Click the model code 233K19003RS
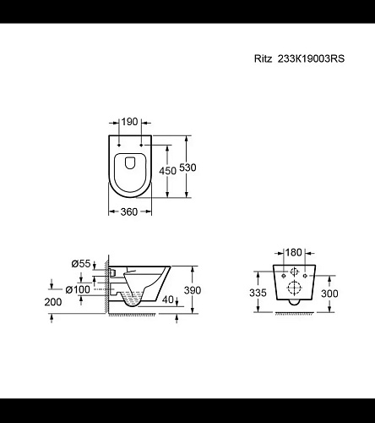(311, 58)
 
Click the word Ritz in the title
(264, 58)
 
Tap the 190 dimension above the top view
(129, 122)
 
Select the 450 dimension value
(167, 171)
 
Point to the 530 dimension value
(187, 168)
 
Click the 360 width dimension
(129, 211)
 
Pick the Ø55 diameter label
(81, 264)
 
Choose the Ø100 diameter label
(78, 289)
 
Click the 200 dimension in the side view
(53, 302)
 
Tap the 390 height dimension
(193, 290)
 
